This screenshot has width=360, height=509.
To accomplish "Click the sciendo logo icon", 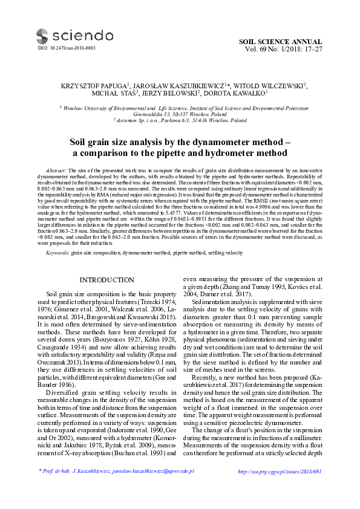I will [x=42, y=35].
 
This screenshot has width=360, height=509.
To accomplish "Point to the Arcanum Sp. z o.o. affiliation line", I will [x=180, y=120].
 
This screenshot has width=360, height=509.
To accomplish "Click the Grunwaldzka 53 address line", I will [x=180, y=114].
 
